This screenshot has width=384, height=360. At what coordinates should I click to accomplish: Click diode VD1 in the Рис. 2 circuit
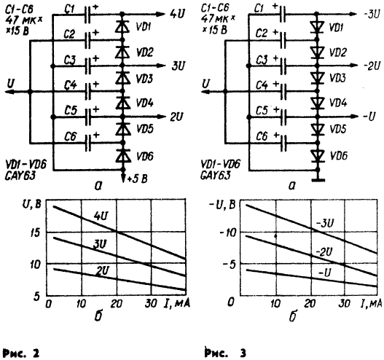coord(122,26)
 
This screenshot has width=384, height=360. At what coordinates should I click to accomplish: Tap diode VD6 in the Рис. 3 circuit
coord(318,156)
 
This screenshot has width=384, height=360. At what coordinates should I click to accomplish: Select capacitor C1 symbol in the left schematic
coord(87,15)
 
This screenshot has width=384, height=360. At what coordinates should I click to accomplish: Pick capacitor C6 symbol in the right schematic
coord(283,144)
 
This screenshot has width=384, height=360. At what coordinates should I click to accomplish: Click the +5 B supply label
coord(138,179)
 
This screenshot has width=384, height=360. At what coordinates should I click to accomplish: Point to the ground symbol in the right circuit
coord(318,180)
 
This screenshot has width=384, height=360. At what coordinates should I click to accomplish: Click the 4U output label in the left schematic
coord(177,14)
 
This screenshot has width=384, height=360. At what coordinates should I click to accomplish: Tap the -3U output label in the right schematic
coord(372,14)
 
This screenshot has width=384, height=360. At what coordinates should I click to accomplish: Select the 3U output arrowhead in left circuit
coord(161,66)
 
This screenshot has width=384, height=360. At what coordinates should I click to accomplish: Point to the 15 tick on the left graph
coord(35,232)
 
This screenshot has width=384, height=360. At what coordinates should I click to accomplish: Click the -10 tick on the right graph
coord(228,232)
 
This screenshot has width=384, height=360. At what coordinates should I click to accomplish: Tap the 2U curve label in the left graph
coord(102,270)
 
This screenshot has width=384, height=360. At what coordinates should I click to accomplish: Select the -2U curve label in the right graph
coord(324,252)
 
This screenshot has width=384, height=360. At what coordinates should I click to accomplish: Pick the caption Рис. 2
coord(21,353)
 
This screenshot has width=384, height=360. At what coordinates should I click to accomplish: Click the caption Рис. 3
coord(225,353)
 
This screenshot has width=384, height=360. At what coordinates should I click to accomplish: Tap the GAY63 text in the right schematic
coord(215,176)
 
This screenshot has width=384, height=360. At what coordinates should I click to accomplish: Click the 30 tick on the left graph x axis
coord(151,304)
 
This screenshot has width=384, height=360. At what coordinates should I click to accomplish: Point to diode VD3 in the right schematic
coord(318,78)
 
